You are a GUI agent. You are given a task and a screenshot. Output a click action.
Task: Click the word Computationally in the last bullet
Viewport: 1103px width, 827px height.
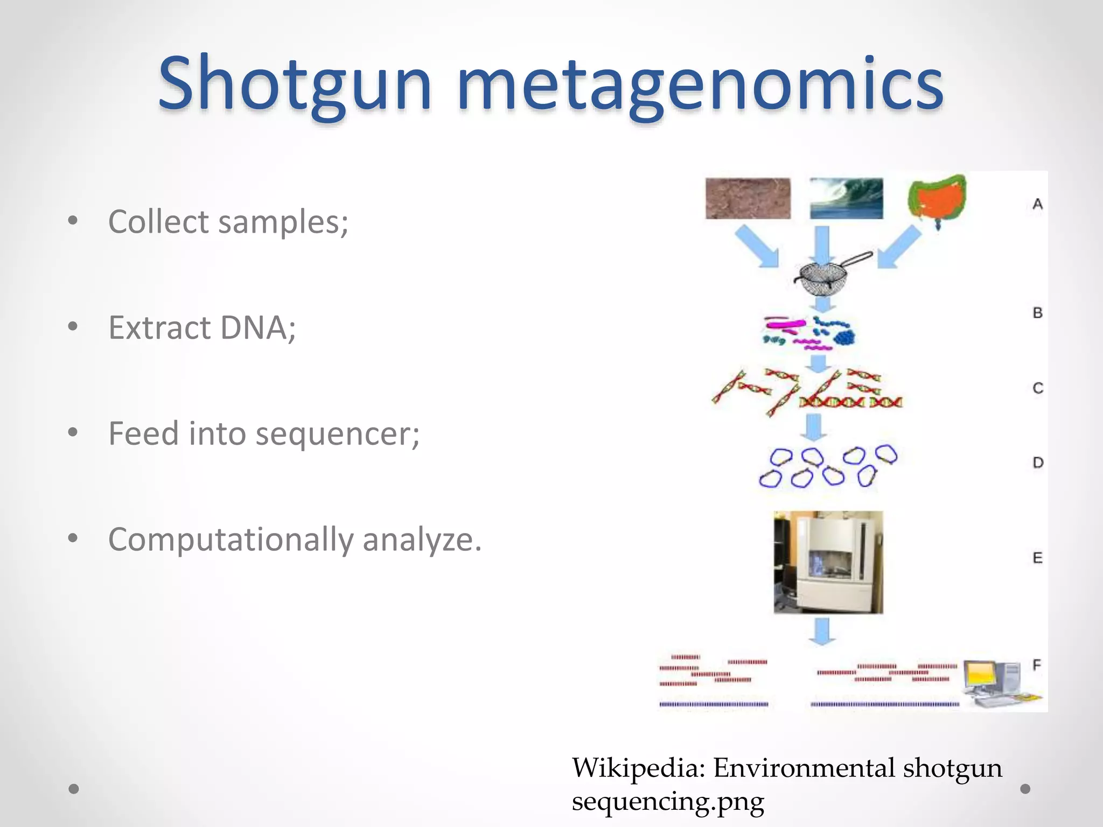coord(230,539)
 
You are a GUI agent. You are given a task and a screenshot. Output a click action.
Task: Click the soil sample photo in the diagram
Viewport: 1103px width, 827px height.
coord(748,199)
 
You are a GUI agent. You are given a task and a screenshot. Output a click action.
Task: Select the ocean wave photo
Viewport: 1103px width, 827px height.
coord(846,199)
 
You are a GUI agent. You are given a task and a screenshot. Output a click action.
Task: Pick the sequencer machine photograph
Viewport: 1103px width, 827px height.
coord(828,562)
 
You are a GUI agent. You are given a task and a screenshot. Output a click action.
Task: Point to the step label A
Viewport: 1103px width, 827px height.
coord(1037,204)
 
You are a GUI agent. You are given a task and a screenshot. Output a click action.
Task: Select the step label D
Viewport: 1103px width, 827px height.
coord(1038,462)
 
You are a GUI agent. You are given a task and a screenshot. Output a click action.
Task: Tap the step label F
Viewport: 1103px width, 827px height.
coord(1037,665)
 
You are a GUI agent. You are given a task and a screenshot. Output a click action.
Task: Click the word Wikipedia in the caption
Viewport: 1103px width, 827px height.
coord(638,767)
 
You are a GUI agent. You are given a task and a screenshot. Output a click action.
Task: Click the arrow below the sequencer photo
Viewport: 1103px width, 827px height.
coord(821,631)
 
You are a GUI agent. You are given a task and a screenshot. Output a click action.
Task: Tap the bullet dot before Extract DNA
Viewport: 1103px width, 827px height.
coord(73,326)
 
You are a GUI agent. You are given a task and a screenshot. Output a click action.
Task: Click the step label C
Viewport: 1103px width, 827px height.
coord(1038,388)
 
